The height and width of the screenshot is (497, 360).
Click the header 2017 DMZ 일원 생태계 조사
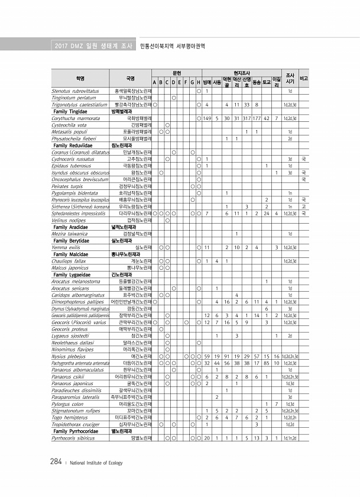pyautogui.click(x=87, y=46)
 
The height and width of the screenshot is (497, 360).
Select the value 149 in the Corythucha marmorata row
pyautogui.click(x=207, y=118)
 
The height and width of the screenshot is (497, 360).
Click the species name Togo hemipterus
pyautogui.click(x=69, y=418)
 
